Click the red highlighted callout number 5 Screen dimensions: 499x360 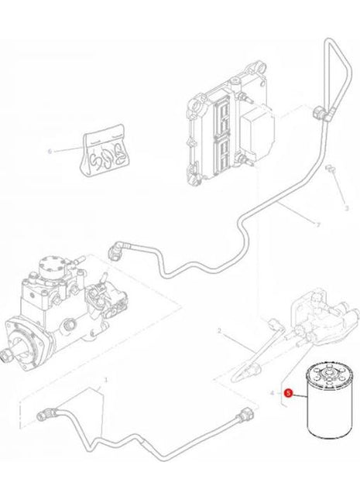tap(288, 393)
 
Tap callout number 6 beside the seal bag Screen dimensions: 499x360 tap(50, 152)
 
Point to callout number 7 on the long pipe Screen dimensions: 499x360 tap(317, 224)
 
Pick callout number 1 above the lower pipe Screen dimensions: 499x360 tap(105, 381)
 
